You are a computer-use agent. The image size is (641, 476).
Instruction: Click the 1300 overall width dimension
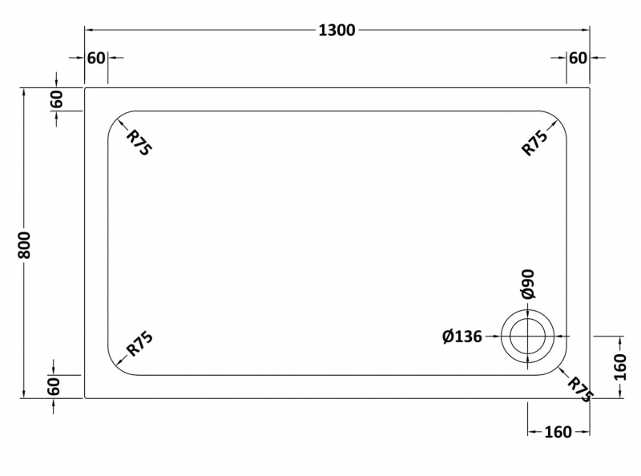[x=337, y=30]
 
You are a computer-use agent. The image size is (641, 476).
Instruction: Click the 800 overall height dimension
[x=25, y=244]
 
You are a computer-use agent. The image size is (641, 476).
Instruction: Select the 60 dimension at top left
[x=96, y=58]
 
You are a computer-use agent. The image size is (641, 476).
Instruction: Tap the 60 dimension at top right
[x=578, y=58]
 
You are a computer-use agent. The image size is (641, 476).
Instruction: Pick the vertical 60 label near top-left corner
[x=56, y=99]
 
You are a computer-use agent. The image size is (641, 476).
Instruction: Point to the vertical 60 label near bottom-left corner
[x=54, y=386]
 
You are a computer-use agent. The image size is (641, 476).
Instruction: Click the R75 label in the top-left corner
[x=139, y=143]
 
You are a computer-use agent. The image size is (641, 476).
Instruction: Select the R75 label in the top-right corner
[x=534, y=143]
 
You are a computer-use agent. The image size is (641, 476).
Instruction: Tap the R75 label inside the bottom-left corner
[x=139, y=344]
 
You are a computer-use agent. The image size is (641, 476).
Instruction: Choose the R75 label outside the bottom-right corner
[x=580, y=389]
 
